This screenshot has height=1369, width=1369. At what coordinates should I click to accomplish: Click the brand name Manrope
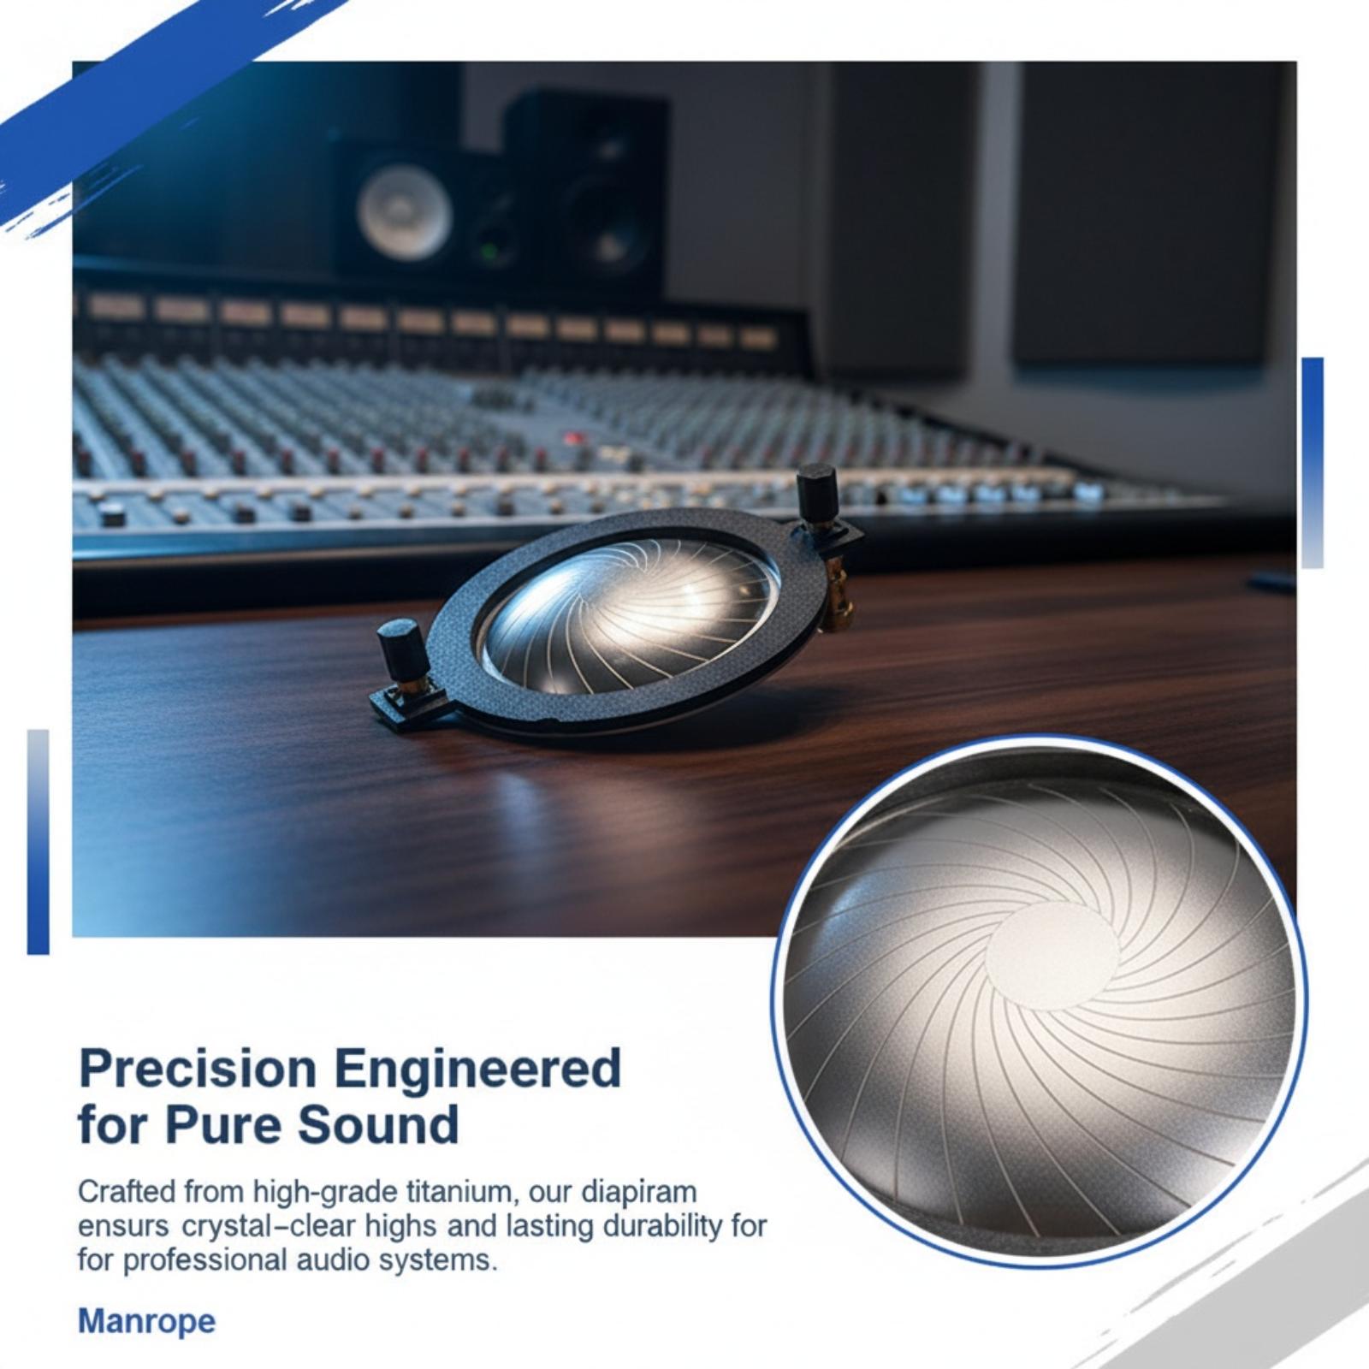(146, 1321)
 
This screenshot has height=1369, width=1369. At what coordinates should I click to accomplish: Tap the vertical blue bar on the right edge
(1312, 462)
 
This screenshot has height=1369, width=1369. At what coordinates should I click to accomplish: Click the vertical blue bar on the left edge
(39, 842)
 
